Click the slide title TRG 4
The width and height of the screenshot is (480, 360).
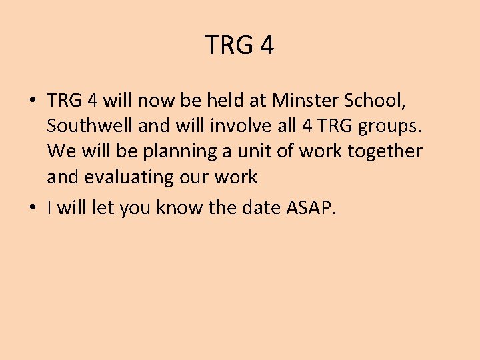pos(239,46)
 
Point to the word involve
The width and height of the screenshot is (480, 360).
pos(227,126)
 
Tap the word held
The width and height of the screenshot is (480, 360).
pos(230,101)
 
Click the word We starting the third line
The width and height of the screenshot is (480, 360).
pos(62,151)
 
